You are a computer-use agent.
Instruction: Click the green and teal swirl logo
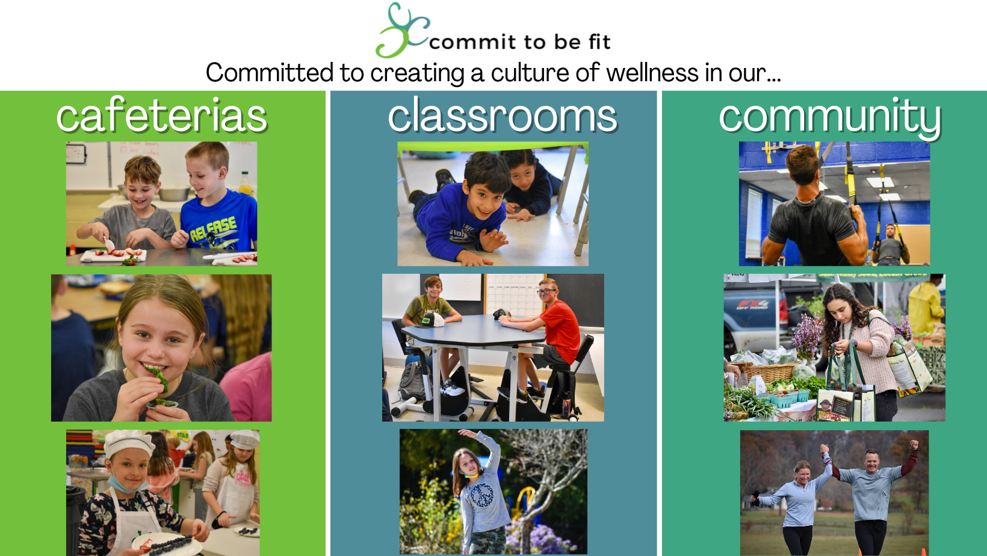(402, 31)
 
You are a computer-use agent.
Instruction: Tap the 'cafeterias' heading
(162, 116)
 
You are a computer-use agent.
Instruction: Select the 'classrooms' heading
(503, 116)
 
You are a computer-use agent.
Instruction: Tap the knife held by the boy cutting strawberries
(108, 243)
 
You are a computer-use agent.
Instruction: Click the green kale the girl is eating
(159, 378)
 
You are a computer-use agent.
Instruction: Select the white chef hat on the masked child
(129, 443)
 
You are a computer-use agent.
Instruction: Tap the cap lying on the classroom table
(431, 321)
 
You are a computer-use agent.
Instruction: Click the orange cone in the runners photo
(923, 552)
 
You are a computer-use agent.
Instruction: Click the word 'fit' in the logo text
(598, 42)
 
